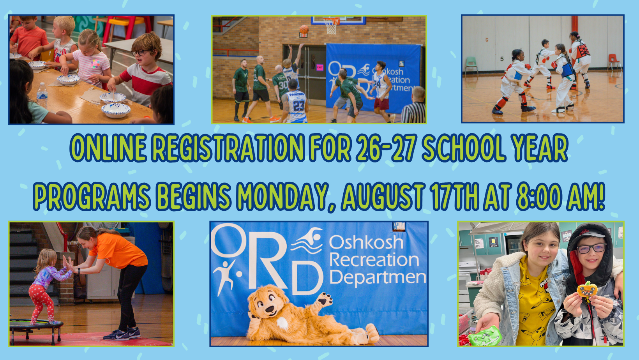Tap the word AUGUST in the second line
[383, 196]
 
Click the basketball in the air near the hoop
[304, 29]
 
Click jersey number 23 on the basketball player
[298, 106]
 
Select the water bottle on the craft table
[42, 95]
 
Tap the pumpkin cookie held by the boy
[587, 290]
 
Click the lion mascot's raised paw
[323, 300]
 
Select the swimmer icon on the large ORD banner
[307, 240]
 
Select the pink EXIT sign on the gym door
[319, 67]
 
